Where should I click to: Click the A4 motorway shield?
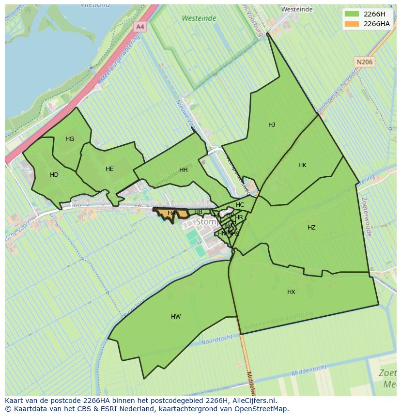pos(140,27)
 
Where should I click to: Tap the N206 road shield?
pos(364,62)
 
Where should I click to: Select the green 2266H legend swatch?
pos(352,14)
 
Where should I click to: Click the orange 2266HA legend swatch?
pos(352,24)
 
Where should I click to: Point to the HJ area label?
pos(272,125)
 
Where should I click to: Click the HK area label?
pos(302,165)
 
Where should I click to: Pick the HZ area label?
pos(311,228)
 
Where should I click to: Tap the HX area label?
pos(291,292)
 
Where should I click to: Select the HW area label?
pos(176,317)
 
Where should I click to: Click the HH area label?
pos(183,170)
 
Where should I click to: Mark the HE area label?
pos(109,169)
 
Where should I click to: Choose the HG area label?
pos(70,139)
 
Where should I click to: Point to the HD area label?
pos(54,175)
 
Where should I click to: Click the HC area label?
pos(240,205)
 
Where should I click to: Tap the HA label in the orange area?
pos(171,213)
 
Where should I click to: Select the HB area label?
pos(198,212)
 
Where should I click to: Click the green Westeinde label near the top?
pos(199,18)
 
